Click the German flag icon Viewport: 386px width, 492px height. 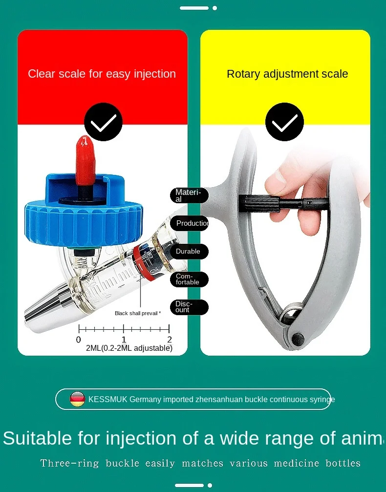(78, 399)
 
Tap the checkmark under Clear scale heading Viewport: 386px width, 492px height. (103, 122)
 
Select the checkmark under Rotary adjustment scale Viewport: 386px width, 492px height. (284, 122)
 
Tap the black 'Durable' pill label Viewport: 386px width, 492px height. (189, 252)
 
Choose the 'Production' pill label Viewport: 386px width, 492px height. (190, 223)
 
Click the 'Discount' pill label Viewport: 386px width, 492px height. (189, 307)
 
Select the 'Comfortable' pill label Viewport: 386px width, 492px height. (189, 279)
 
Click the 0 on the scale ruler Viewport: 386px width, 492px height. (79, 340)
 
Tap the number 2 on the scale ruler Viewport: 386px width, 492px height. (169, 340)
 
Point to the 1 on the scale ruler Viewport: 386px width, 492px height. (124, 340)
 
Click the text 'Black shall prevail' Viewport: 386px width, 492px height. (137, 313)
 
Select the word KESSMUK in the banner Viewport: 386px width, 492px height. (107, 400)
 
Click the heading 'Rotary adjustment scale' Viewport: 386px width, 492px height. (287, 74)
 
